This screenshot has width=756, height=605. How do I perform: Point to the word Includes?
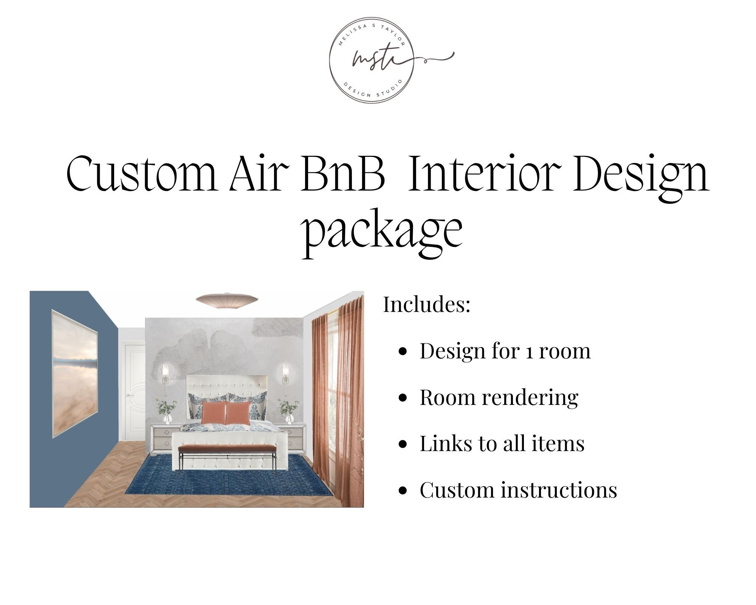(x=427, y=304)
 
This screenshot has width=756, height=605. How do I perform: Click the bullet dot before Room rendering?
(x=403, y=398)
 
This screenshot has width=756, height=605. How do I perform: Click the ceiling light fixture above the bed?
(x=227, y=299)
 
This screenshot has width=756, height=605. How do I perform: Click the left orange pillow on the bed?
(x=214, y=413)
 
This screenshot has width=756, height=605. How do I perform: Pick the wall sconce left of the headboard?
(x=165, y=374)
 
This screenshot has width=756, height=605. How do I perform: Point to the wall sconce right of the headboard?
(x=285, y=374)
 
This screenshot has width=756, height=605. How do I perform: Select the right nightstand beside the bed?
(x=290, y=438)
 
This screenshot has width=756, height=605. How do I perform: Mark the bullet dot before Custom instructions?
(x=403, y=490)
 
